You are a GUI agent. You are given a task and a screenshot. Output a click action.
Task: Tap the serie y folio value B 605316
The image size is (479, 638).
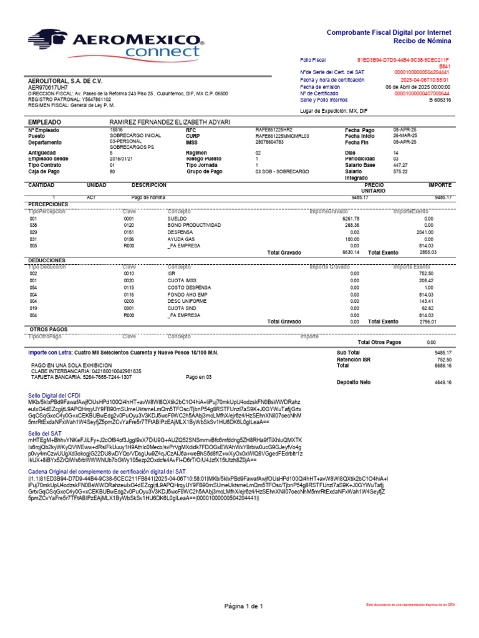[440, 100]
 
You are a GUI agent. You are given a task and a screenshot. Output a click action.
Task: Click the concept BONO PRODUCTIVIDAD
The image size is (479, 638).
[194, 225]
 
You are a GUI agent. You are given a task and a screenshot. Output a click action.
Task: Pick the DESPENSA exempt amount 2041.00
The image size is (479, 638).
[424, 232]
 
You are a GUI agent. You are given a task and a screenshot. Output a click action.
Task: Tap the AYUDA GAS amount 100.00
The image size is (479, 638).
[352, 239]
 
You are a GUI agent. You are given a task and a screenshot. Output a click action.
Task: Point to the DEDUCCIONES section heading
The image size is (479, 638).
[47, 259]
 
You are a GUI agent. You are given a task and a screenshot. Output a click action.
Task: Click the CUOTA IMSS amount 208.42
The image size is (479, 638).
[426, 280]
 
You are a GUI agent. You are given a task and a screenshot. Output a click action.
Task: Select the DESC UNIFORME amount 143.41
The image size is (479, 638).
[426, 300]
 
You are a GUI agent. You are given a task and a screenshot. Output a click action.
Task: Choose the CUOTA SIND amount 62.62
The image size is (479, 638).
[427, 308]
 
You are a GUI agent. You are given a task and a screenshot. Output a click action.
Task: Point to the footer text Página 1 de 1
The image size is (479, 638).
[244, 606]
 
